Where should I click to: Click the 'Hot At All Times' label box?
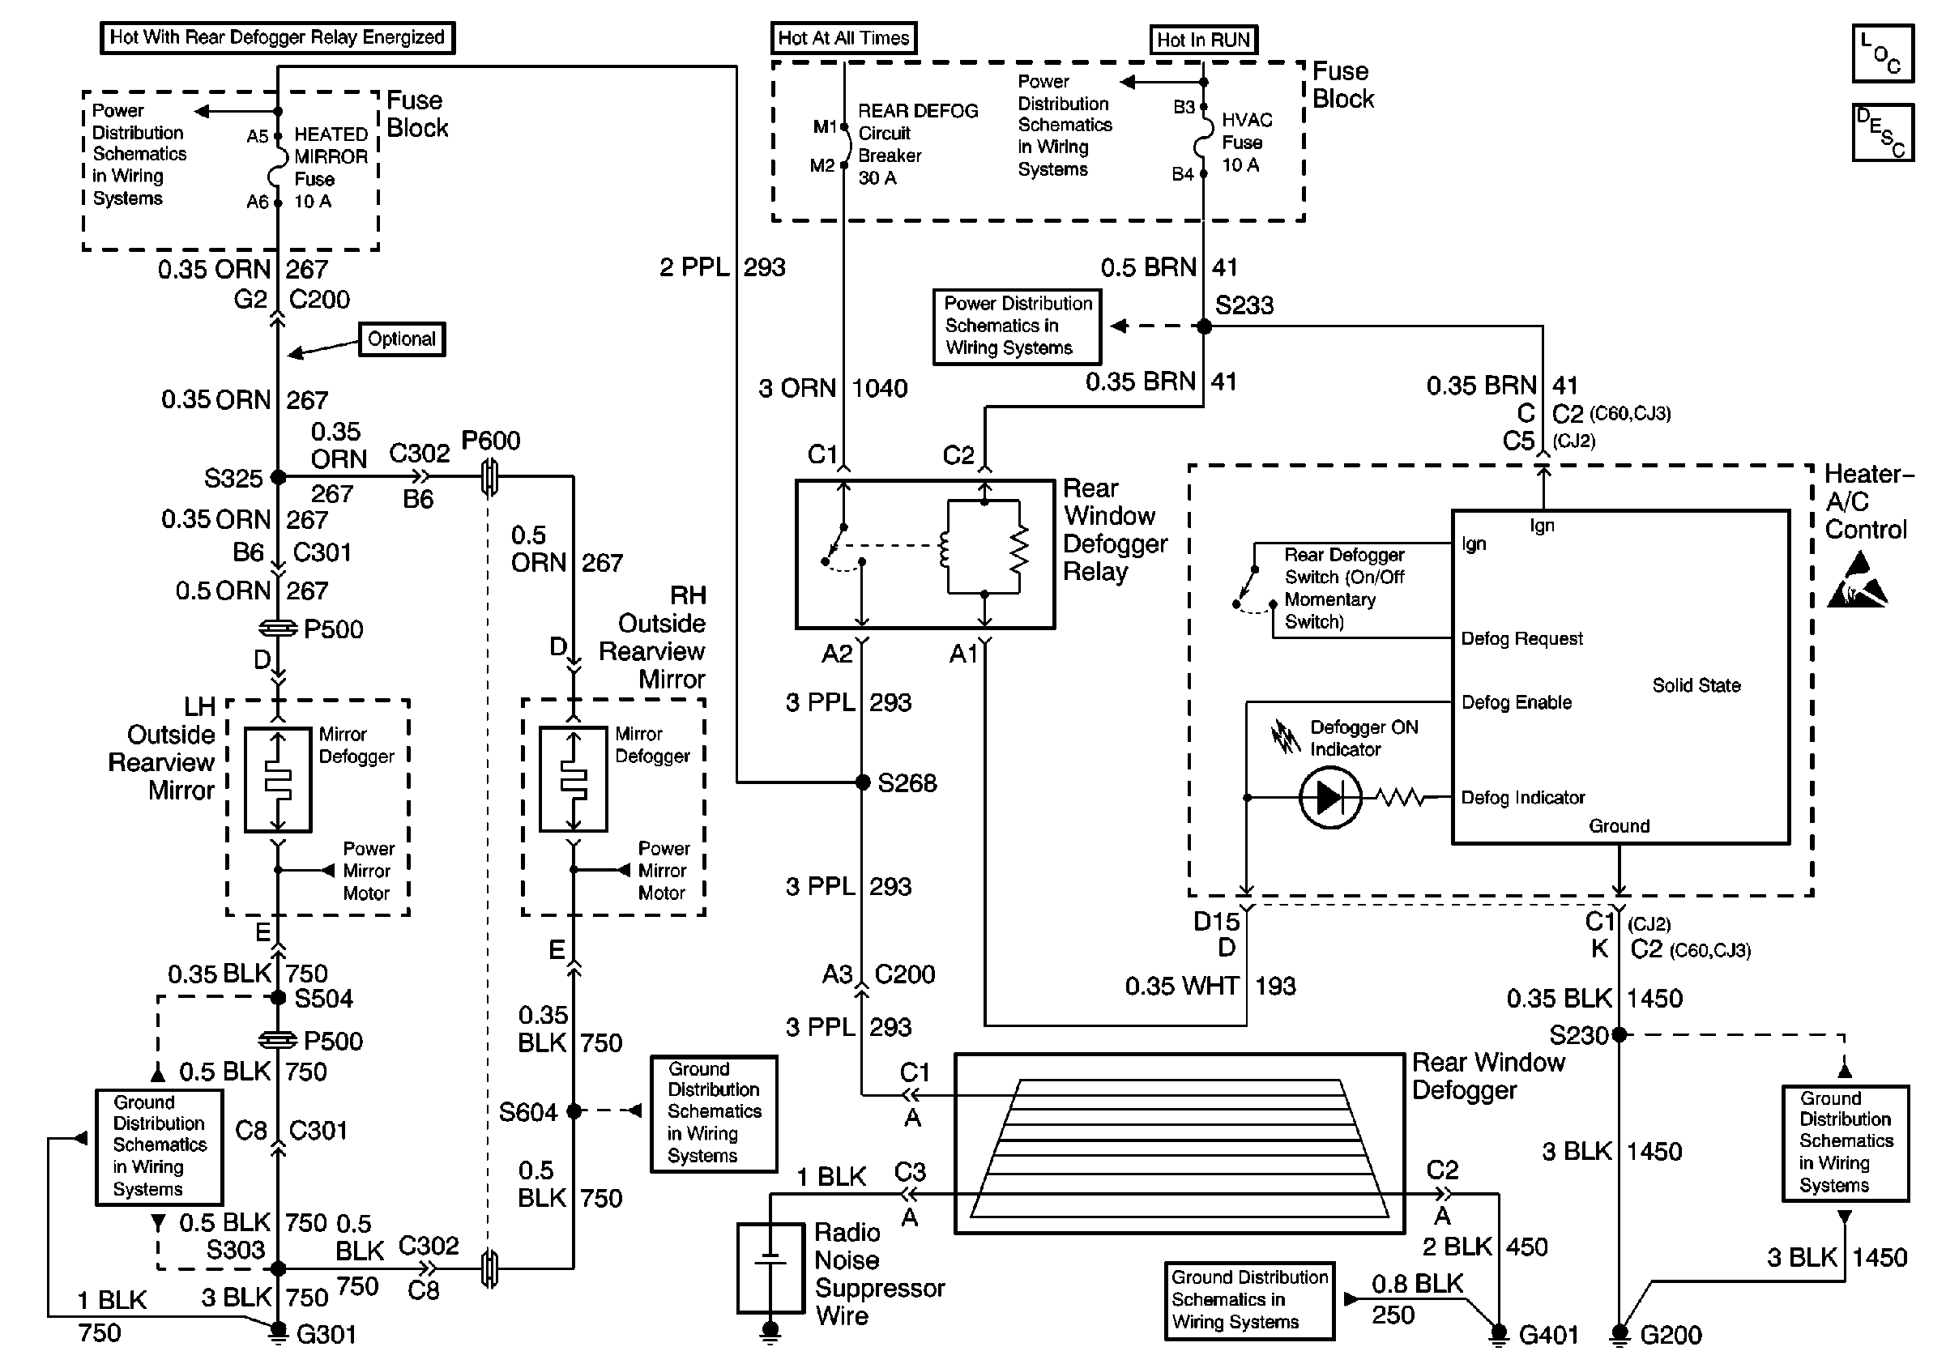[843, 38]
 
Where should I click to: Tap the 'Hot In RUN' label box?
[1204, 40]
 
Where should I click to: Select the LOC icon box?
[1883, 53]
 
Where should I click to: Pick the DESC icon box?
[1883, 132]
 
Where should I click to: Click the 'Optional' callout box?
[402, 339]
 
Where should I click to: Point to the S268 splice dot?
[862, 782]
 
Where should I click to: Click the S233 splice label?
[1244, 305]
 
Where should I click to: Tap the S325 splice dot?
[278, 478]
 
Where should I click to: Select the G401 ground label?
[1548, 1335]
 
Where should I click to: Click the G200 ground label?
[1671, 1335]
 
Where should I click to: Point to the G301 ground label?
[326, 1335]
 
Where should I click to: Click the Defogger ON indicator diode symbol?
[1329, 797]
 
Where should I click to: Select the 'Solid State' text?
[1696, 685]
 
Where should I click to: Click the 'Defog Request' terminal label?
[1521, 639]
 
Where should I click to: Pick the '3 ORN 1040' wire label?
[833, 388]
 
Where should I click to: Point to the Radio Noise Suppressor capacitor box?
[770, 1268]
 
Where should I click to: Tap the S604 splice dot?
[574, 1110]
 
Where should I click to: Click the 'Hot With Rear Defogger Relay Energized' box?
[277, 37]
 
